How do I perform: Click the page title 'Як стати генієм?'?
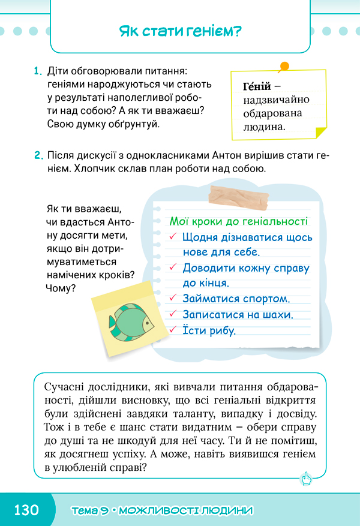tap(179, 31)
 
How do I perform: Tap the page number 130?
tap(26, 510)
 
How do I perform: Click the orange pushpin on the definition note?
tap(284, 66)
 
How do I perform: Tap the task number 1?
tap(37, 71)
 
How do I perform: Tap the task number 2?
tap(37, 156)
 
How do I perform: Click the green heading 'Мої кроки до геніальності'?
tap(239, 221)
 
